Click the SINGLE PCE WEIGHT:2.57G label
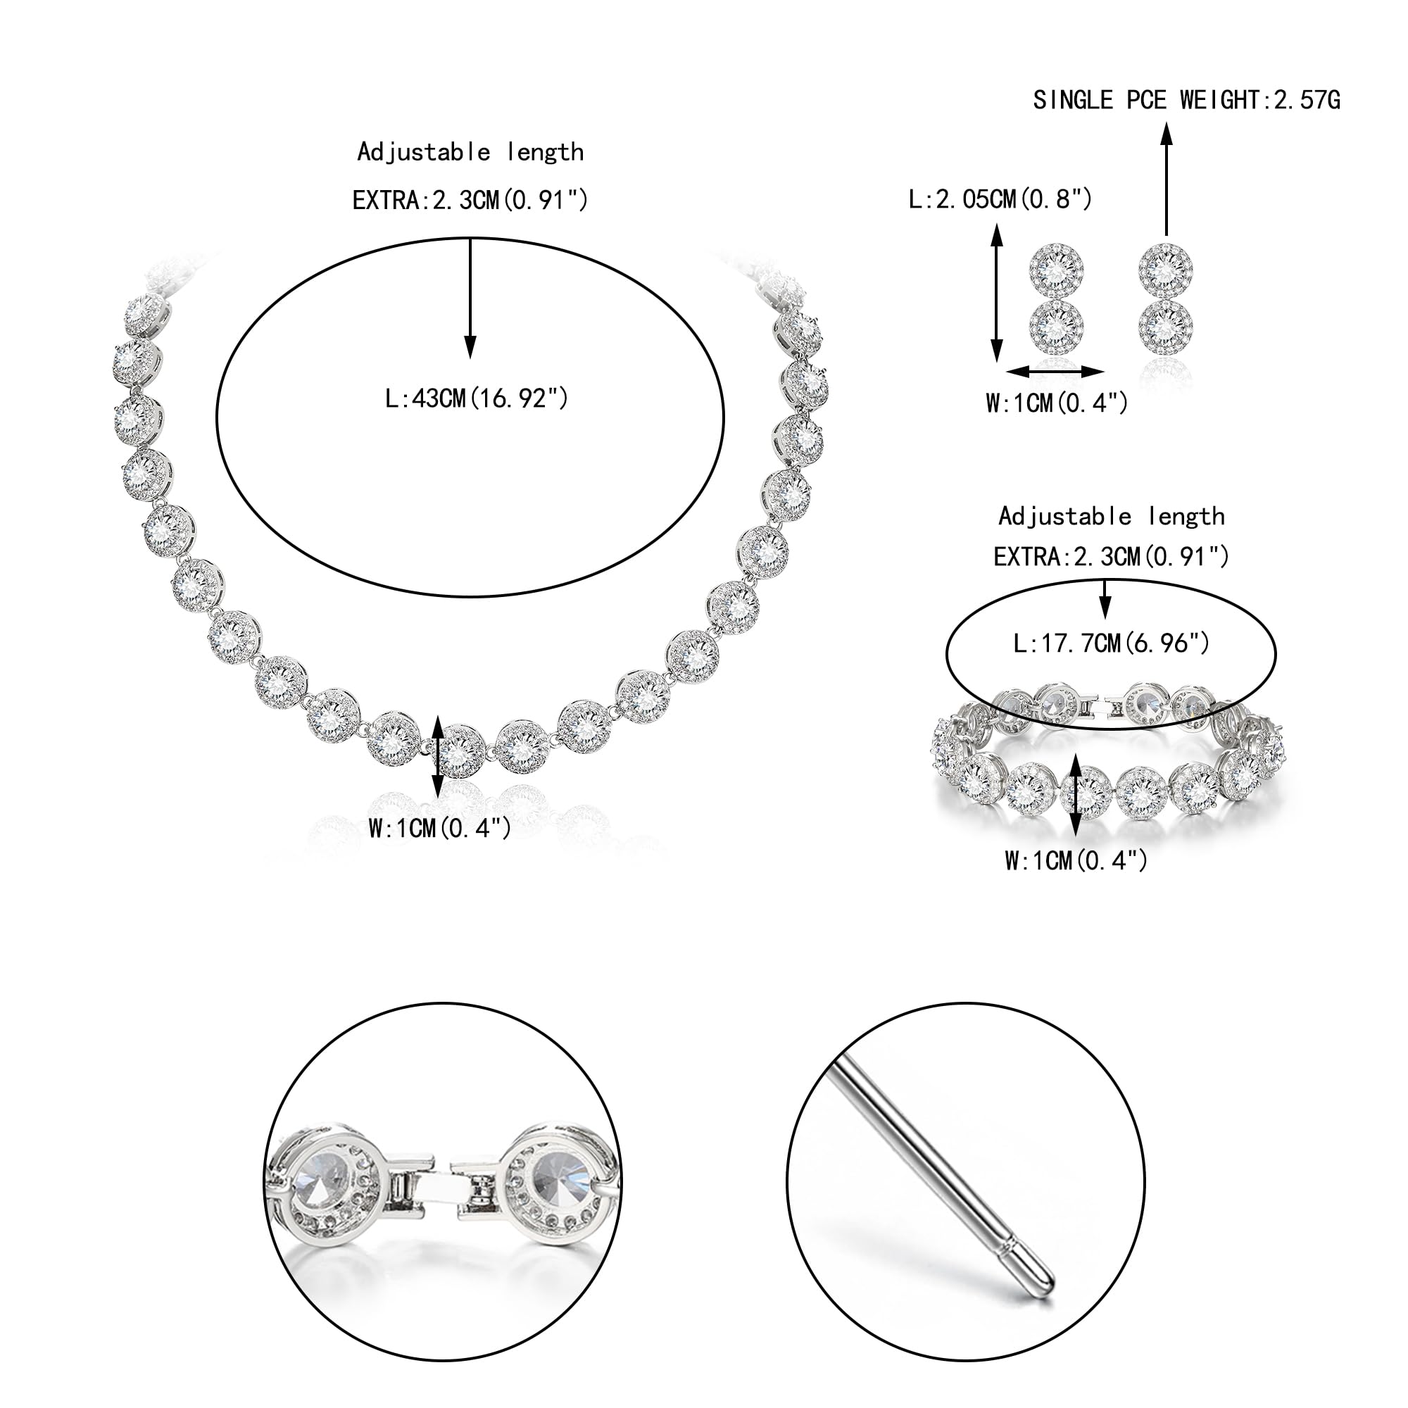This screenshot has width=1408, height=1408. pos(1186,100)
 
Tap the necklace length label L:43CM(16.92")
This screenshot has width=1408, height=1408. pos(477,398)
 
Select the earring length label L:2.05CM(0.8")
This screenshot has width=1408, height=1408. pos(1000,199)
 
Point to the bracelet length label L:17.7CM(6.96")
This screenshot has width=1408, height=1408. pos(1112,643)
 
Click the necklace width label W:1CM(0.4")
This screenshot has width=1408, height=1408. pos(439,828)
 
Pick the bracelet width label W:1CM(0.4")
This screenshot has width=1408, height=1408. pos(1076,861)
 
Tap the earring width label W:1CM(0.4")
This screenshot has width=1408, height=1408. pos(1057,402)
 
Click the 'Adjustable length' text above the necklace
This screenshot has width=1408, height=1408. pos(471,151)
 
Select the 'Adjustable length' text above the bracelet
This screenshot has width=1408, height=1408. pos(1112,516)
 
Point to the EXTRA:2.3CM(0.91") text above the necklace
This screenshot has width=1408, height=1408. pos(470,199)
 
